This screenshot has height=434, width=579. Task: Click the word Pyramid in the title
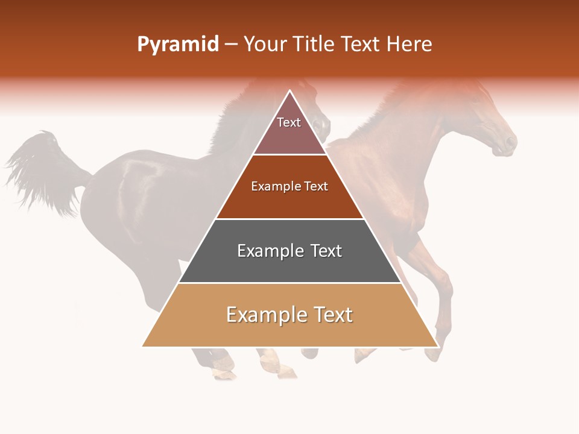point(177,45)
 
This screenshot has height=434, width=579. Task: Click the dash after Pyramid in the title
point(231,45)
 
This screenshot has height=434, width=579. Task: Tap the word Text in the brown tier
point(316,187)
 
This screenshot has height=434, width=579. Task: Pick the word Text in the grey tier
point(326,251)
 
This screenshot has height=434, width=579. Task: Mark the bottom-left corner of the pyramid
point(143,346)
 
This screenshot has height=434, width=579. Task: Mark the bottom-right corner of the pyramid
point(437,346)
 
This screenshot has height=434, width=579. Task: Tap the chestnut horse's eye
point(486,118)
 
